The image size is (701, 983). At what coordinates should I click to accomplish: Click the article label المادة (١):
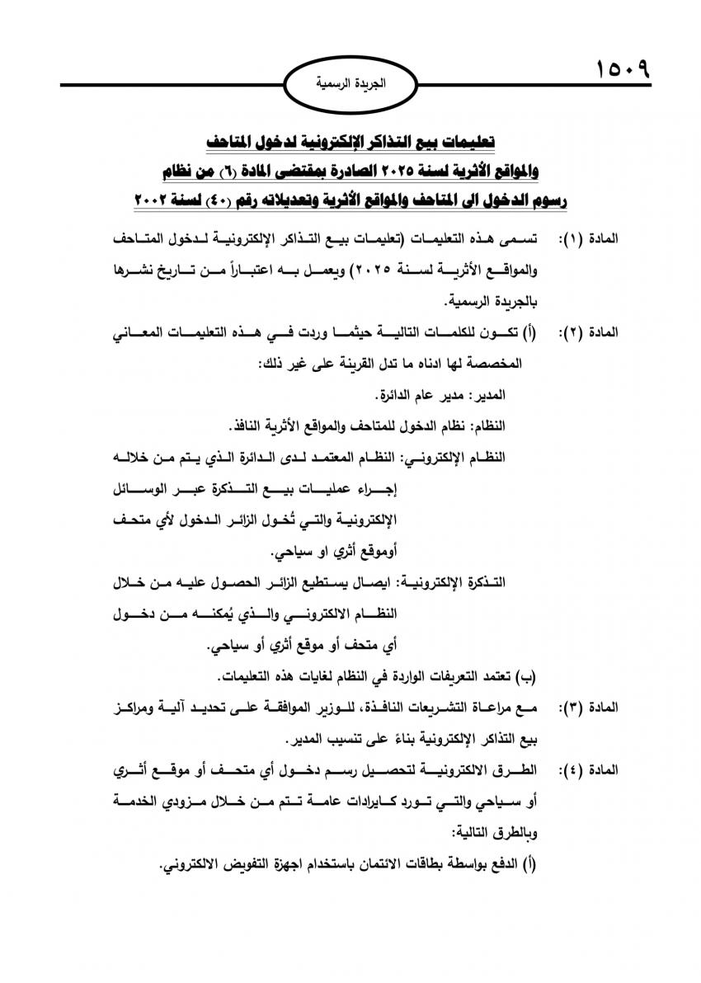coord(588,239)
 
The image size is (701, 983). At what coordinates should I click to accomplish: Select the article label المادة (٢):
coord(588,333)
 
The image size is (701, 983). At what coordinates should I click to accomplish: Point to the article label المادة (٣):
coord(588,708)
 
